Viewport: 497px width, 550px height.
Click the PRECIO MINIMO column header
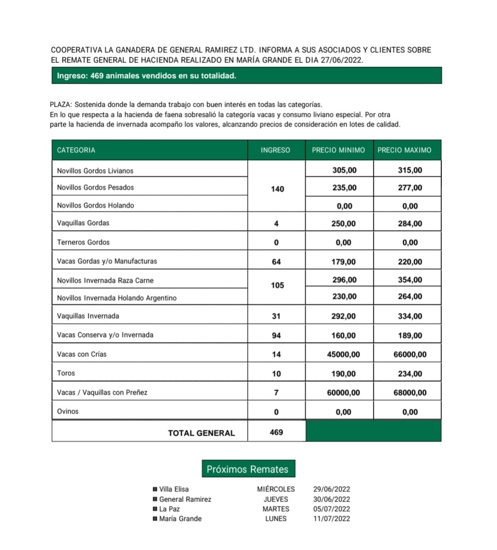point(338,150)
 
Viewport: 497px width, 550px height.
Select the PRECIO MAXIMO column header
point(405,150)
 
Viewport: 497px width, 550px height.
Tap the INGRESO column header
point(275,150)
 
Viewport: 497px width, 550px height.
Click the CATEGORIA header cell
point(76,150)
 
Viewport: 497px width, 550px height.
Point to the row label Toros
point(66,373)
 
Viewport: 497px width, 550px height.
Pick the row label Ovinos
point(68,411)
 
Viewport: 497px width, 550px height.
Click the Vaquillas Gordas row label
point(83,223)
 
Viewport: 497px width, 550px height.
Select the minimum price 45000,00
point(343,354)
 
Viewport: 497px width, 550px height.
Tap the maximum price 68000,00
point(410,393)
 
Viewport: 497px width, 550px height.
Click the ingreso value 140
point(277,189)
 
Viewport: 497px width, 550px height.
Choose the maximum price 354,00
point(410,280)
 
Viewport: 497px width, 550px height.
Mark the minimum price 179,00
point(343,262)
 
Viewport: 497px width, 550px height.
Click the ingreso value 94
point(276,336)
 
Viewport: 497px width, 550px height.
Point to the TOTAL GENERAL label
point(201,433)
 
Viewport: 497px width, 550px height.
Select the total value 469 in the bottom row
point(276,432)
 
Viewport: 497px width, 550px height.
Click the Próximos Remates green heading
point(248,469)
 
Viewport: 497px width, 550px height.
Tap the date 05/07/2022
point(331,509)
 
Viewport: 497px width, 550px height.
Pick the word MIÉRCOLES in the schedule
point(276,489)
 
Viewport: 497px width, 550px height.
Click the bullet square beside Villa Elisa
point(155,489)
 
